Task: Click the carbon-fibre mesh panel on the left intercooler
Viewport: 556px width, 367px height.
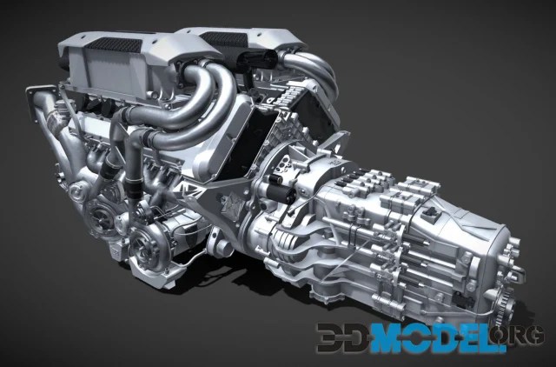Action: pos(114,45)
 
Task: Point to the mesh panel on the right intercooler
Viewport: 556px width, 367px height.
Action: pos(224,37)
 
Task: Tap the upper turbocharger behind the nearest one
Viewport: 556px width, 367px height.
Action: pos(99,213)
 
